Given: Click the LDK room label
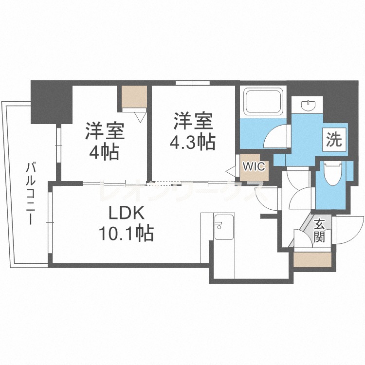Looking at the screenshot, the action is click(127, 213).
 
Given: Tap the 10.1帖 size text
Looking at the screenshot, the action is click(127, 233).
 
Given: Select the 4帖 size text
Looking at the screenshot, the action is click(104, 152).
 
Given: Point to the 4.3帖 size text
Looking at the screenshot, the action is click(192, 142).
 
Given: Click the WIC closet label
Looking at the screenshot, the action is click(254, 166).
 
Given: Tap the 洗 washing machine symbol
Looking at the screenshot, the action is click(334, 139).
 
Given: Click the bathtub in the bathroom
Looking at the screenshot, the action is click(263, 101).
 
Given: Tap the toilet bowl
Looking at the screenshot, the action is click(333, 174).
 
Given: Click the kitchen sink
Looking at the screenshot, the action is click(224, 227).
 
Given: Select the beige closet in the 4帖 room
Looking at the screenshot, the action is click(134, 97).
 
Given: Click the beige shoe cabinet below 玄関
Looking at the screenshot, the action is click(312, 259).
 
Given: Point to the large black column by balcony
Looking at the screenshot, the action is click(52, 102).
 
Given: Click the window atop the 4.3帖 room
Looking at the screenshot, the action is click(193, 83).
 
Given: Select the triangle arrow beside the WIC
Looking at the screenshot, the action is click(231, 171).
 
